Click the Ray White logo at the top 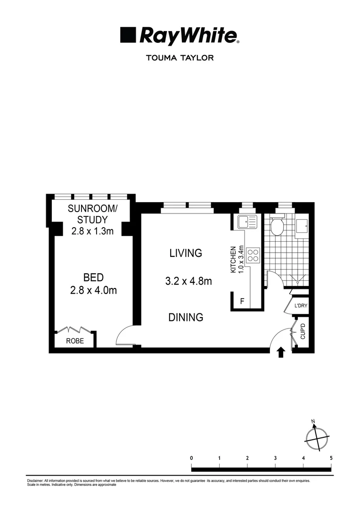pyautogui.click(x=180, y=36)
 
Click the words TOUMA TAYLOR pyautogui.click(x=180, y=58)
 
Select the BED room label pyautogui.click(x=93, y=278)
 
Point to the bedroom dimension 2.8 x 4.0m pyautogui.click(x=93, y=290)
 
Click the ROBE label pyautogui.click(x=75, y=341)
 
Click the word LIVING pyautogui.click(x=186, y=253)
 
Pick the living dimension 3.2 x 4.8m pyautogui.click(x=188, y=281)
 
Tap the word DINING pyautogui.click(x=186, y=318)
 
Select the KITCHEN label pyautogui.click(x=232, y=260)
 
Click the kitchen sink pyautogui.click(x=247, y=222)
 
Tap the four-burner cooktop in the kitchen pyautogui.click(x=253, y=255)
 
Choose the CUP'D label pyautogui.click(x=303, y=332)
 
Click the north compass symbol pyautogui.click(x=315, y=438)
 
